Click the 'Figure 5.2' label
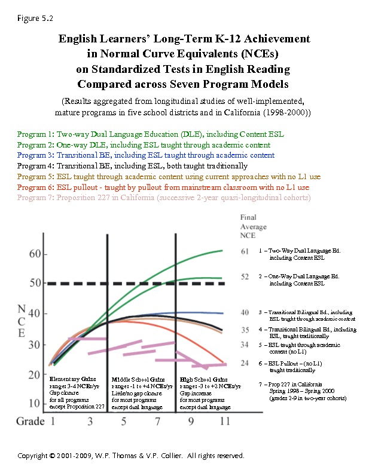35,19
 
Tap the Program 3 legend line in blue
146,155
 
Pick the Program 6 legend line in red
163,187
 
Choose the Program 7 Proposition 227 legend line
163,198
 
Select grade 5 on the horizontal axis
124,422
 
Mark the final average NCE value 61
245,251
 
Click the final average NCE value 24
245,363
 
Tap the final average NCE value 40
245,312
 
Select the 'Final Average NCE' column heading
252,226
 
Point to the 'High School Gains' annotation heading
203,380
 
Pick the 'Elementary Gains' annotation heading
72,380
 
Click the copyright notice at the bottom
131,456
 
